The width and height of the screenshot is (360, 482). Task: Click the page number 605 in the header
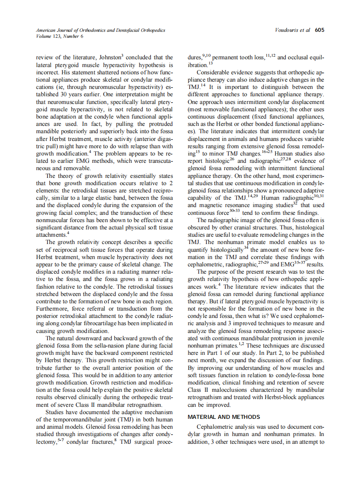(x=320, y=30)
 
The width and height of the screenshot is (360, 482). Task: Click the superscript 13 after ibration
(x=211, y=64)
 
